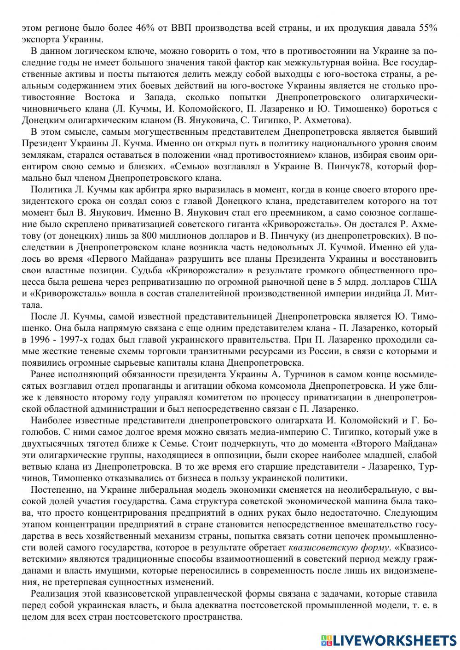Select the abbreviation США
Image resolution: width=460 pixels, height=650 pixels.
tap(426, 281)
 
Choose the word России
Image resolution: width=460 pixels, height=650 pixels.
tap(322, 351)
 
